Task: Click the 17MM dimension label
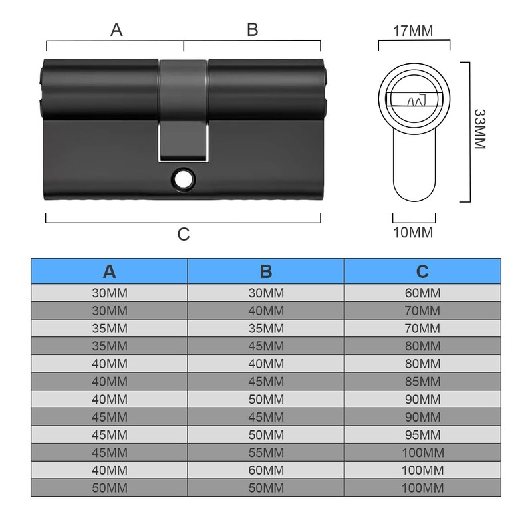coord(413,31)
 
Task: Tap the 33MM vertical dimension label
coord(480,129)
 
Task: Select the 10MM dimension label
coord(413,233)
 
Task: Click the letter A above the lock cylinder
coord(116,29)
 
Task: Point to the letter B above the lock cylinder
coord(253,29)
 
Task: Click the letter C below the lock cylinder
coord(184,234)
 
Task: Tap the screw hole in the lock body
coord(184,178)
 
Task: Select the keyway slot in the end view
coord(414,99)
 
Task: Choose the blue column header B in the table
coord(266,271)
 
